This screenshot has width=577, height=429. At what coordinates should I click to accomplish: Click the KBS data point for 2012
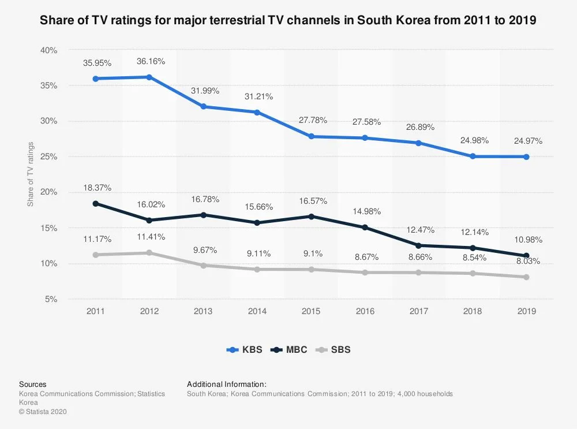tap(149, 77)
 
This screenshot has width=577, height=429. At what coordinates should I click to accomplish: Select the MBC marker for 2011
tap(95, 203)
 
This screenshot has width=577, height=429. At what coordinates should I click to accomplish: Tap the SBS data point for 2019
tap(526, 277)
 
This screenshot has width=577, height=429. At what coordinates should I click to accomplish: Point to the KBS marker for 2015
tap(311, 136)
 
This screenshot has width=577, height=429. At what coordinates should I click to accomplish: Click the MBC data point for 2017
tap(419, 245)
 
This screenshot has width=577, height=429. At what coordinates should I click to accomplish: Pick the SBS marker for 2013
tap(203, 266)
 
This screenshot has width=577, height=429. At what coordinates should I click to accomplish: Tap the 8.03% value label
tap(528, 261)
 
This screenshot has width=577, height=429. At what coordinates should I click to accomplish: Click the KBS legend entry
tap(245, 349)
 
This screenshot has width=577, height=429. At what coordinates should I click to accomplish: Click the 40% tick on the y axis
tap(49, 50)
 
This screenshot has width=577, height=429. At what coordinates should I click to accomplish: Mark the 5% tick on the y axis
tap(51, 299)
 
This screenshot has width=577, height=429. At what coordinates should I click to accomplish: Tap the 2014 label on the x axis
tap(257, 311)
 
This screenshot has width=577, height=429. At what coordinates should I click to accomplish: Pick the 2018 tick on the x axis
tap(473, 311)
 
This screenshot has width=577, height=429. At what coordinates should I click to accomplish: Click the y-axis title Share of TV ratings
tap(31, 174)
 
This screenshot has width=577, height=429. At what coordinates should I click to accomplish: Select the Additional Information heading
tap(227, 384)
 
